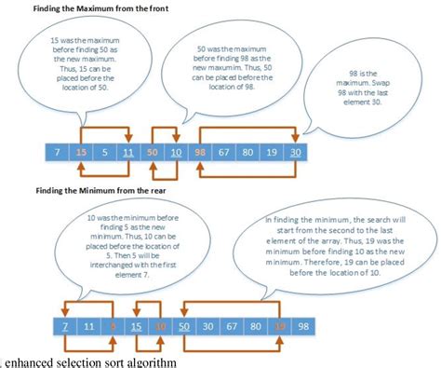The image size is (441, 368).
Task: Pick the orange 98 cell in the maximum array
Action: coord(199,152)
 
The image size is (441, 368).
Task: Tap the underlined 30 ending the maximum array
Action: coord(295,152)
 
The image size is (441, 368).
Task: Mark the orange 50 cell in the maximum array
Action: coord(152,152)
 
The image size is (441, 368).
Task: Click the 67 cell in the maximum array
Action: coord(223,152)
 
